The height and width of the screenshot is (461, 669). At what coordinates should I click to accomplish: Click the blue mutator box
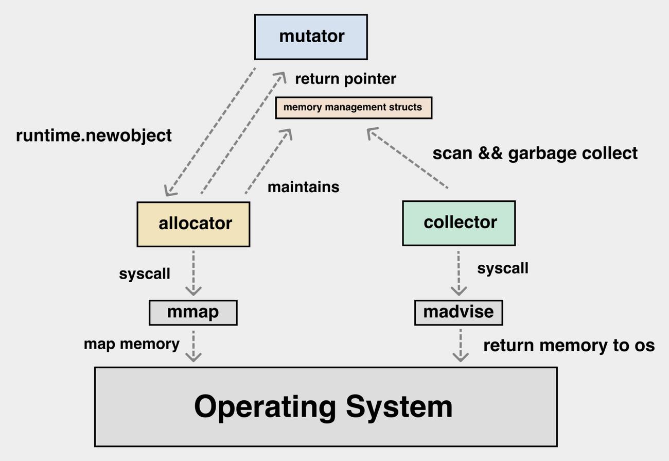click(x=311, y=37)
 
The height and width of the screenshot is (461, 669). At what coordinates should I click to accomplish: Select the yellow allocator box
click(x=193, y=224)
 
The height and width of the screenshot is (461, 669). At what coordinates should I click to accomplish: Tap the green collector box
click(x=459, y=224)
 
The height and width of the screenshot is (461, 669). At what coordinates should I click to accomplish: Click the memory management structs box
click(x=354, y=108)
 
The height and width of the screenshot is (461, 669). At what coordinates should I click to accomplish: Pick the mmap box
click(x=193, y=313)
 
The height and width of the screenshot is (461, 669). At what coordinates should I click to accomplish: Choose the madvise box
click(x=459, y=313)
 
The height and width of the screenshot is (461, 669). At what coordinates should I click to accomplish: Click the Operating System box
click(x=326, y=406)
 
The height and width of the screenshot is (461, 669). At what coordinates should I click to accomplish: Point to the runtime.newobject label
click(x=94, y=136)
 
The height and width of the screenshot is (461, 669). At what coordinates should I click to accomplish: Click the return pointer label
click(x=345, y=79)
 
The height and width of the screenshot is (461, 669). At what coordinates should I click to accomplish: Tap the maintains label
click(x=304, y=187)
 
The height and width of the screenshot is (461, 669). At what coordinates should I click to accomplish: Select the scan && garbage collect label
click(x=535, y=153)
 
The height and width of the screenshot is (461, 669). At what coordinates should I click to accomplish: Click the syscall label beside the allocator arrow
click(x=145, y=274)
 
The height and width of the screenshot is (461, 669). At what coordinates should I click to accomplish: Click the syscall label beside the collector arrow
click(x=503, y=268)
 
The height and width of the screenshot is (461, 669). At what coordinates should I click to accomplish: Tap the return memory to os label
click(x=569, y=346)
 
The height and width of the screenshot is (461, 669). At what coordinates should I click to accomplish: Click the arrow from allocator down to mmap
click(x=193, y=273)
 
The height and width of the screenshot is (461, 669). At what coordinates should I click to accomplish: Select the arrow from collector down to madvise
click(x=459, y=273)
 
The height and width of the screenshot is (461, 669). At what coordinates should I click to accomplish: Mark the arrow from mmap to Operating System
click(x=193, y=346)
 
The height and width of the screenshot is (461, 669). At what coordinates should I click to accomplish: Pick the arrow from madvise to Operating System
click(x=460, y=345)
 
